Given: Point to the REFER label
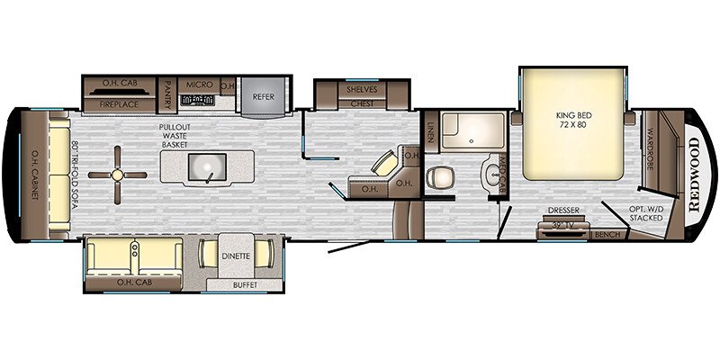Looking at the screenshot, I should pos(263,95).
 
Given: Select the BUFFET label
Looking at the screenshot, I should pos(244,285).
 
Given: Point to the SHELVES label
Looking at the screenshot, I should pos(363,89).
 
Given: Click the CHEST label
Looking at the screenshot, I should pos(363,103).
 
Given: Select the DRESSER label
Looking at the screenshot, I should pos(563,211).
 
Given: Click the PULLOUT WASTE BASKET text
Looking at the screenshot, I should pos(169,136).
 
